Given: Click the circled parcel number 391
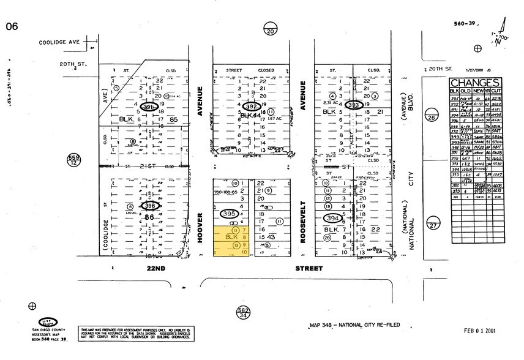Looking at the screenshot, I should point(148,108).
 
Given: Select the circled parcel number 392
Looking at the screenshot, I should point(250,105).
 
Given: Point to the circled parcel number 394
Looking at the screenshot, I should point(333,219).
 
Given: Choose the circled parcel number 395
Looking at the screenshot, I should point(229,213).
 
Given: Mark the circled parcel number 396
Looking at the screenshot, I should point(151,206).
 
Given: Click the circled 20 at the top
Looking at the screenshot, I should point(270,30).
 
